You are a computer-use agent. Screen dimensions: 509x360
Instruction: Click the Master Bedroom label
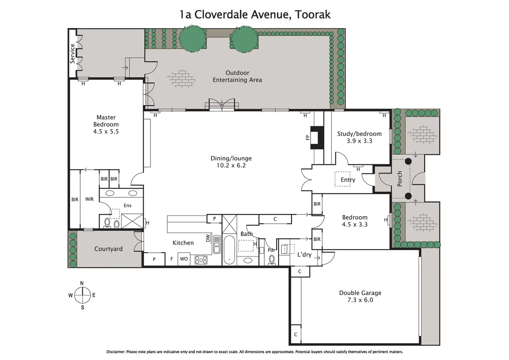click(106, 121)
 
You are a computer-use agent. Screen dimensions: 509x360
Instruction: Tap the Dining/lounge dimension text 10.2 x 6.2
click(231, 165)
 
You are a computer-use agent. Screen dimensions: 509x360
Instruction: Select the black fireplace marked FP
click(317, 138)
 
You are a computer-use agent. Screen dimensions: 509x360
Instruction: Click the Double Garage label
click(360, 293)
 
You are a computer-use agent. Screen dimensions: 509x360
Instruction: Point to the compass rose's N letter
click(82, 283)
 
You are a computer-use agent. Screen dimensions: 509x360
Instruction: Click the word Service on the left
click(72, 54)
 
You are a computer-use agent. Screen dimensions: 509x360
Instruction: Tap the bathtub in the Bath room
click(229, 250)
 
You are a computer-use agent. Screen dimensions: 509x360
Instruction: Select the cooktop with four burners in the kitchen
click(201, 260)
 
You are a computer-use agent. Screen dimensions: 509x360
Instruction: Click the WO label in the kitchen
click(184, 259)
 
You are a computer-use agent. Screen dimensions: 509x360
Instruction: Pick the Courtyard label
click(108, 249)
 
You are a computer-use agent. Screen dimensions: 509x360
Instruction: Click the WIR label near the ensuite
click(89, 199)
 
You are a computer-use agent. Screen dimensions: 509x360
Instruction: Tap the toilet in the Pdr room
click(271, 260)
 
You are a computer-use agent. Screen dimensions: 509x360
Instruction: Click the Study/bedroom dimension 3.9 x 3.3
click(359, 141)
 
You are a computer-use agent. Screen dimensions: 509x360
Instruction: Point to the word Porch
click(399, 179)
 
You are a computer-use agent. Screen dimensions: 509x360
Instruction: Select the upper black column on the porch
click(408, 161)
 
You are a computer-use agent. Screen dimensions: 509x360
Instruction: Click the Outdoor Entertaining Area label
click(237, 76)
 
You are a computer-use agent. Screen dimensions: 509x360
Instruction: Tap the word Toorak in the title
click(313, 15)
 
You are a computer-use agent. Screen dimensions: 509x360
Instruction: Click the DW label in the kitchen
click(208, 238)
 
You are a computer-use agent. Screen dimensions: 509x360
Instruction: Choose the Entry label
click(348, 180)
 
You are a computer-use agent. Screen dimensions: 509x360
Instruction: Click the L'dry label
click(304, 255)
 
